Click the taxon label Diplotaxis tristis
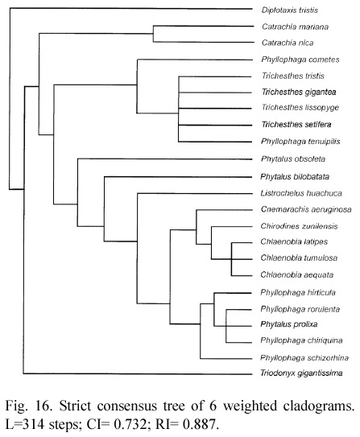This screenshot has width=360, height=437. pyautogui.click(x=289, y=10)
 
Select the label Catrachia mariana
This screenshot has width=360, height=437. pyautogui.click(x=295, y=27)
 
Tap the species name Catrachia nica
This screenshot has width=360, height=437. pyautogui.click(x=288, y=43)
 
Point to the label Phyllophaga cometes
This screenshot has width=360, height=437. pyautogui.click(x=300, y=60)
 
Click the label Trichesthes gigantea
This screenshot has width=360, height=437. pyautogui.click(x=299, y=92)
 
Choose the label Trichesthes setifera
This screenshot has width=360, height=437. pyautogui.click(x=296, y=124)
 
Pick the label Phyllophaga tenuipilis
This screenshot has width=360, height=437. pyautogui.click(x=300, y=142)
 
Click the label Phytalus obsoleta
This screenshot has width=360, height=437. pyautogui.click(x=293, y=159)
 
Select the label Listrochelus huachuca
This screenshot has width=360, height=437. pyautogui.click(x=301, y=193)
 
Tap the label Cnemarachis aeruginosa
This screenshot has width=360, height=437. pyautogui.click(x=306, y=209)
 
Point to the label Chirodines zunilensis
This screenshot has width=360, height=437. pyautogui.click(x=299, y=226)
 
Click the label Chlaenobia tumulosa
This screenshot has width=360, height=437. pyautogui.click(x=299, y=258)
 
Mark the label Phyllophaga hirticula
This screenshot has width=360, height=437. pyautogui.click(x=298, y=293)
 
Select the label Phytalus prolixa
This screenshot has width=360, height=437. pyautogui.click(x=289, y=324)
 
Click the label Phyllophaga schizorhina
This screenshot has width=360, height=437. pyautogui.click(x=304, y=358)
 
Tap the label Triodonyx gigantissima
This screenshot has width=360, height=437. pyautogui.click(x=301, y=373)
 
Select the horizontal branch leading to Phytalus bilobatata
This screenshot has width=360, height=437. pyautogui.click(x=178, y=176)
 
